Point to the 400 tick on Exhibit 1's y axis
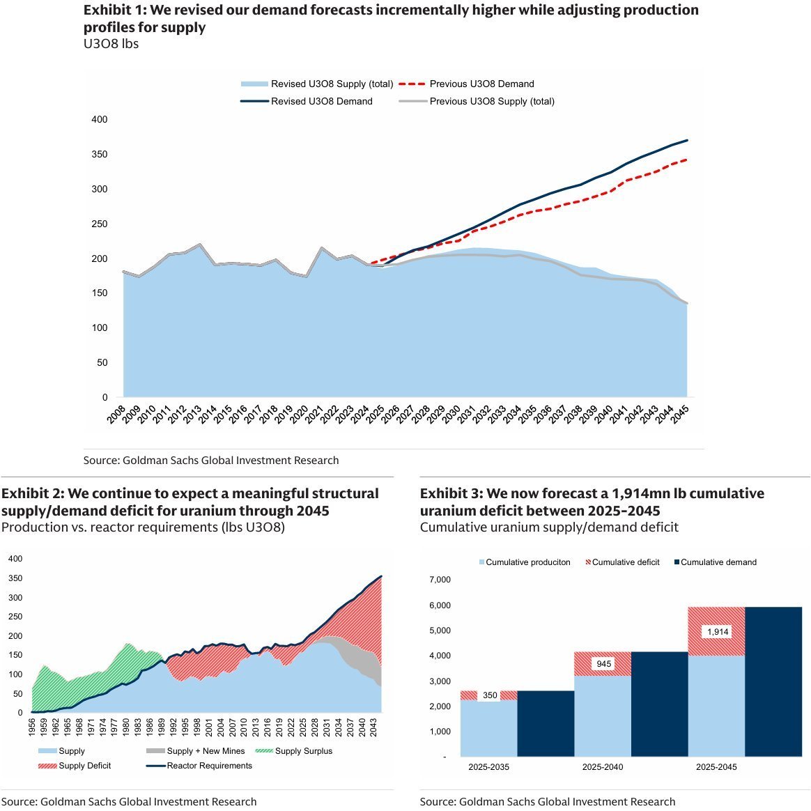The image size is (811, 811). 100,120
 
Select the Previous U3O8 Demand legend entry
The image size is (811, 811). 481,84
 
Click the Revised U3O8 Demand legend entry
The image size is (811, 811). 321,101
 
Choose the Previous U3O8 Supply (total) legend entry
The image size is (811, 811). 492,101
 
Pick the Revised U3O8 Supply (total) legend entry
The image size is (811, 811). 332,84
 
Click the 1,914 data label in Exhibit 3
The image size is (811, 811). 717,632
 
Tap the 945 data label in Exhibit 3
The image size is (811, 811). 603,664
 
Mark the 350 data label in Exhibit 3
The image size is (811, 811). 490,695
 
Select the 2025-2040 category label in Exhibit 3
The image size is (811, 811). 603,767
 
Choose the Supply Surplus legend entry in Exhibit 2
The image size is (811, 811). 303,751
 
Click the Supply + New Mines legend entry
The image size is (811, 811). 206,751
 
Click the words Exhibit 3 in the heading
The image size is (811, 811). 450,493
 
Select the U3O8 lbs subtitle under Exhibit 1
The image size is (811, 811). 111,44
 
